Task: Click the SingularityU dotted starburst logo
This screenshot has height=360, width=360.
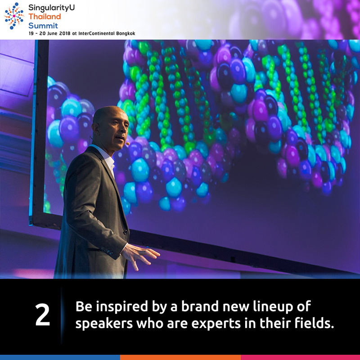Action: pos(14,16)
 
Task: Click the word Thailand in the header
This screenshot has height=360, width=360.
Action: pos(45,17)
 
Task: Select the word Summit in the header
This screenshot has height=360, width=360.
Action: pos(43,26)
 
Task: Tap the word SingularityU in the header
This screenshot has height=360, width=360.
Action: pos(51,8)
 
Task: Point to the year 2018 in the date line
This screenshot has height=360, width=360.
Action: pos(65,33)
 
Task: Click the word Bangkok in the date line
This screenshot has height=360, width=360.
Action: pos(126,33)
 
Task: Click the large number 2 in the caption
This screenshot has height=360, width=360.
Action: pos(42,315)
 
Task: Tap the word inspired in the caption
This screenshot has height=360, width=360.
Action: pos(122,307)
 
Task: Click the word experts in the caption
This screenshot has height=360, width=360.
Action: pos(216,324)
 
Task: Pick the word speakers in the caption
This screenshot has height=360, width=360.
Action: pos(104,324)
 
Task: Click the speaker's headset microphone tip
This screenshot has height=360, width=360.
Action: pos(128,144)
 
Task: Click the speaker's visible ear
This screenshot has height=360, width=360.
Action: pos(94,129)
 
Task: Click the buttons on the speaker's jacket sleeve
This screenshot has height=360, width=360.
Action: pos(108,251)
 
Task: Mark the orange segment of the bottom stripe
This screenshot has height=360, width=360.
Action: pos(180,357)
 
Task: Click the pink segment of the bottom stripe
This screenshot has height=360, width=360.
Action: pos(300,357)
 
